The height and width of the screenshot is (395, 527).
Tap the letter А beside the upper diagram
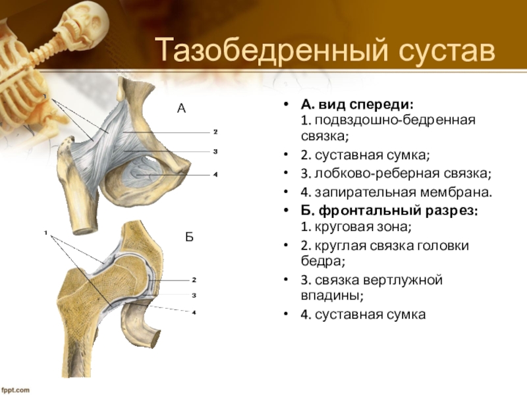pyautogui.click(x=182, y=108)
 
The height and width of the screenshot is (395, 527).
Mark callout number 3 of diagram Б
pyautogui.click(x=194, y=296)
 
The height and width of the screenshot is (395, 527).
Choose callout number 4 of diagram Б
pyautogui.click(x=194, y=312)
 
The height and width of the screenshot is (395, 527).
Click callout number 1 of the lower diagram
pyautogui.click(x=47, y=232)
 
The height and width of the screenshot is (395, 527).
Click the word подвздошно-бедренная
pyautogui.click(x=395, y=121)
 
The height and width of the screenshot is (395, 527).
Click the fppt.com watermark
pyautogui.click(x=15, y=390)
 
